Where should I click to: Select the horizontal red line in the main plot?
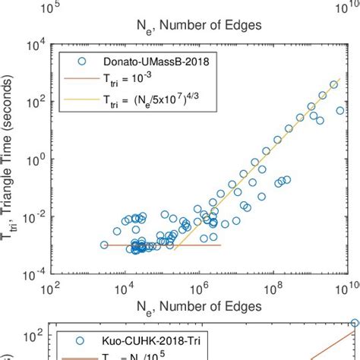tap(159, 245)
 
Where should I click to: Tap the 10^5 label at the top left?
tap(51, 7)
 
